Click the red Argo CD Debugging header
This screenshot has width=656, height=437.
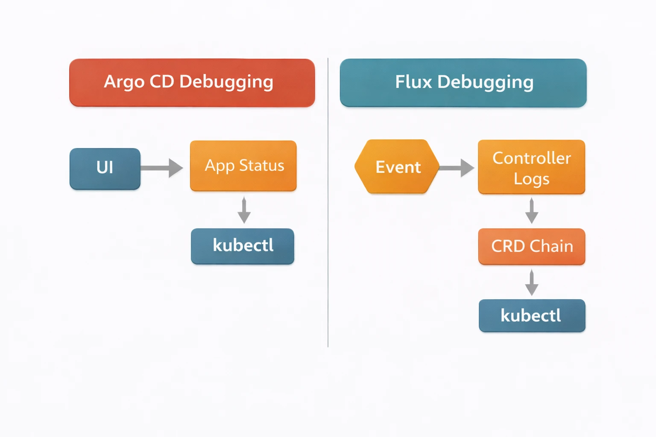coord(192,83)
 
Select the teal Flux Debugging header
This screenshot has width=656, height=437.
coord(463,83)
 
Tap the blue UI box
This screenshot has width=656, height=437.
coord(105,169)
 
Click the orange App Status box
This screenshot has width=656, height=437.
coord(243,166)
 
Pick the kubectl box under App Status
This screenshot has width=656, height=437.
coord(242,246)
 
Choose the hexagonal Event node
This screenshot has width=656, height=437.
coord(397,167)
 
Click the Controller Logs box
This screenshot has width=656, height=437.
coord(531,167)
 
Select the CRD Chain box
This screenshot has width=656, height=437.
coord(531,247)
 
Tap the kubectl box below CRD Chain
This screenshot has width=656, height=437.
coord(532,316)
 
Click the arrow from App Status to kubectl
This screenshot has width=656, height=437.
coord(244,210)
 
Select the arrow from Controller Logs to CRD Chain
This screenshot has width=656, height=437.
coord(531,211)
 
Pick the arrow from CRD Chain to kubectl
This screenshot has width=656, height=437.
coord(531,283)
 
